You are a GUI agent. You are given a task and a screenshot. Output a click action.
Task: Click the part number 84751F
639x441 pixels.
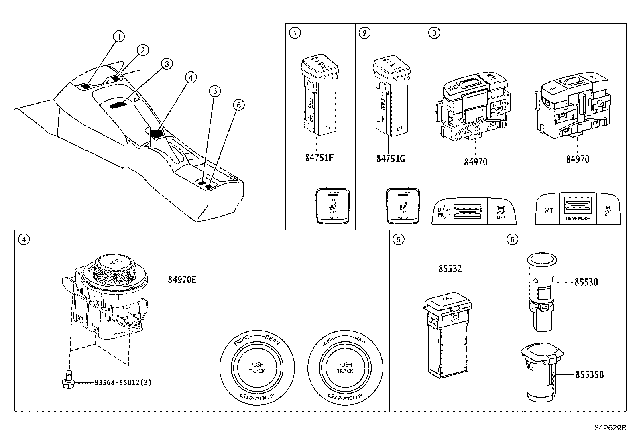tap(319, 157)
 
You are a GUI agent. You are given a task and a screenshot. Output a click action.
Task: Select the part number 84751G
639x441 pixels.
tap(390, 158)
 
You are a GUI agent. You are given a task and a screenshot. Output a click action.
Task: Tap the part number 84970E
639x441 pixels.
tap(182, 280)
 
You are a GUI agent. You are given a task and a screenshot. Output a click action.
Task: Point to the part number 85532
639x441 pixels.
tap(450, 269)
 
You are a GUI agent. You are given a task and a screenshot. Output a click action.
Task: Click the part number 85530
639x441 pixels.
tap(586, 282)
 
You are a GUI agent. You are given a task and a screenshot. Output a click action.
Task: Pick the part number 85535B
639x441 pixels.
tap(589, 375)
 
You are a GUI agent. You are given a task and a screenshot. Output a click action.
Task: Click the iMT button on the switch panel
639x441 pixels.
tap(548, 210)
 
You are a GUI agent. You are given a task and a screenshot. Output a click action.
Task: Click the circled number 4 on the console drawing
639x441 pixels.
tap(191, 78)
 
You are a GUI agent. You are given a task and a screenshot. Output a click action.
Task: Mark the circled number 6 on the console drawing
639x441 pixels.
tap(238, 105)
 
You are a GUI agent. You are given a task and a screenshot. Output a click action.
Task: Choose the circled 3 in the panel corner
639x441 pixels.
tap(433, 33)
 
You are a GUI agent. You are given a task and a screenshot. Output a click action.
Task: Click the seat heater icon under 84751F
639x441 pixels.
tap(332, 205)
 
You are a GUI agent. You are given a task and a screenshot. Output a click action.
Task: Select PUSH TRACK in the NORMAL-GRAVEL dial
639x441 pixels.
tap(345, 368)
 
